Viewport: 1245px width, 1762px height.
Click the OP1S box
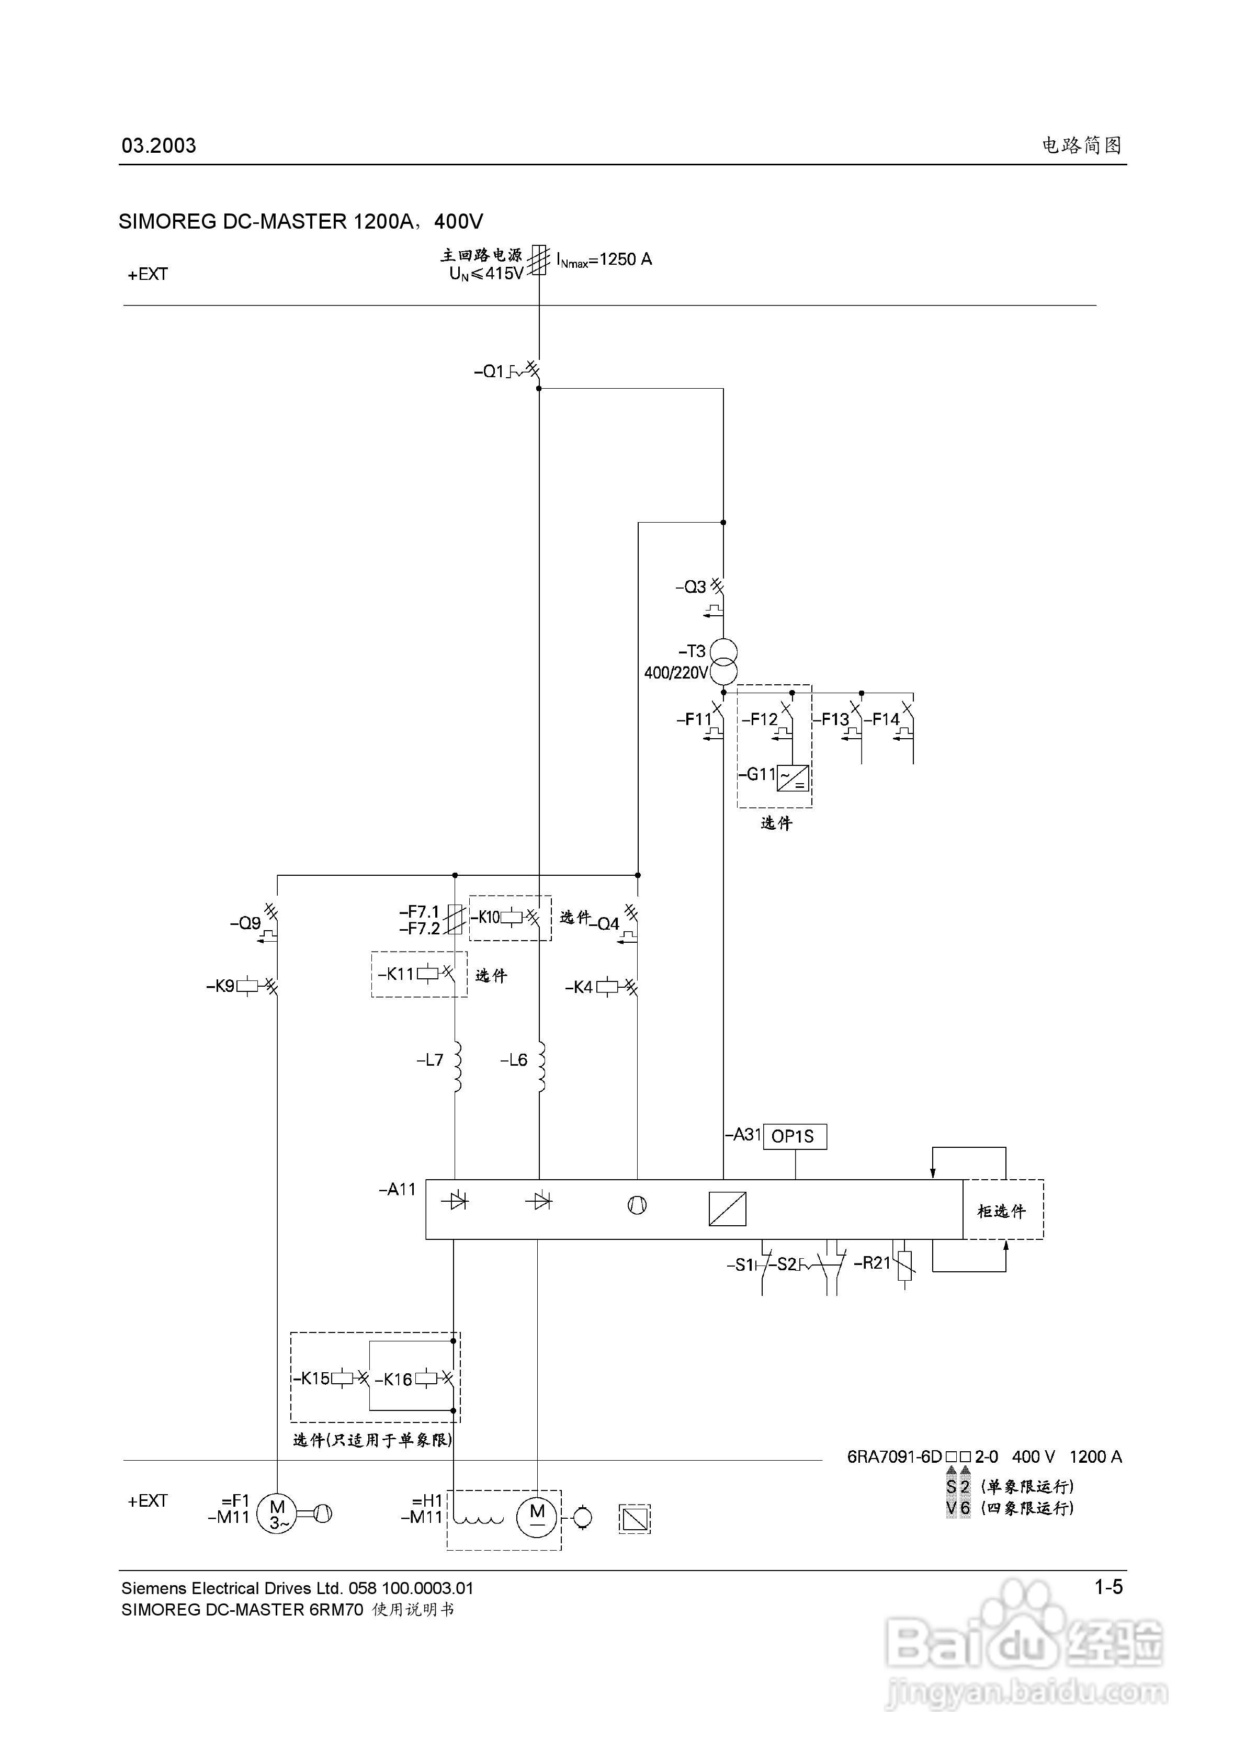pos(795,1136)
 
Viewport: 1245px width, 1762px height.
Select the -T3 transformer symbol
pos(723,661)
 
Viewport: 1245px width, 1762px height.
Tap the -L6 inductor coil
pos(542,1067)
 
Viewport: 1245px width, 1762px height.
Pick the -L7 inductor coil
pos(458,1067)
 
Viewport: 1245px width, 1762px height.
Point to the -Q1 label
pos(489,371)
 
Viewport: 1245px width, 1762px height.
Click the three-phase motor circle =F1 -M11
pos(277,1513)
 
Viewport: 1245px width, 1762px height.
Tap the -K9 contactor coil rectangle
pos(247,986)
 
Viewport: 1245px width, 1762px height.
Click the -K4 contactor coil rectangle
pos(607,987)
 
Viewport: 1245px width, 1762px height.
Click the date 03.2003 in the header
pos(159,146)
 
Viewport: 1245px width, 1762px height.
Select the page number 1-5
pos(1108,1587)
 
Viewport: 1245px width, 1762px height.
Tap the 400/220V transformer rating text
pos(675,673)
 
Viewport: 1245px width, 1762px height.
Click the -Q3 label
pos(691,587)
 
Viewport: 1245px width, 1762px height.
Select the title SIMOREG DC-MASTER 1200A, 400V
pos(301,222)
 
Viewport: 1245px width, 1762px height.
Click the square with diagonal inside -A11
pos(727,1208)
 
